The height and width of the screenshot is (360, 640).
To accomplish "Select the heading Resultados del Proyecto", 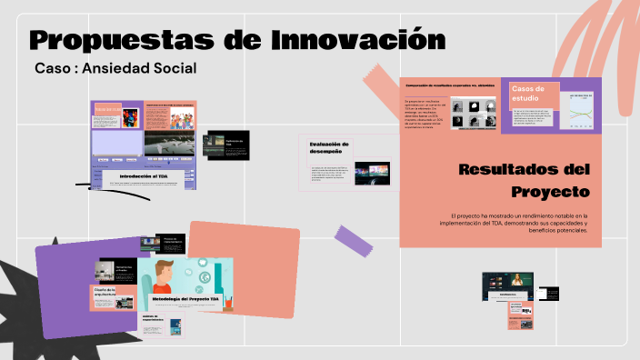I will coord(525,180).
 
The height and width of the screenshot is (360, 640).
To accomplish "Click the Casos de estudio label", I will coord(528,93).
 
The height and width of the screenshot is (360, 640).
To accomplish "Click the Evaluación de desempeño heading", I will coord(328,147).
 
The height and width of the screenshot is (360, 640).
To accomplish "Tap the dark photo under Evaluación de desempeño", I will coord(373,172).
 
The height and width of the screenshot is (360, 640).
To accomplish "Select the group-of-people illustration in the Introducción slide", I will coord(173,117).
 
